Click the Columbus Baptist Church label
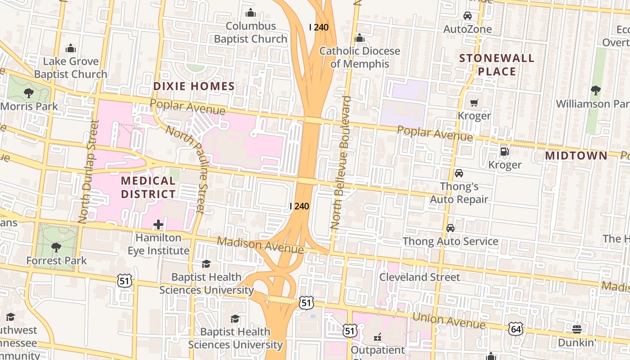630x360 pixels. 250,32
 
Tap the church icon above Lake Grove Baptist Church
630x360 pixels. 71,48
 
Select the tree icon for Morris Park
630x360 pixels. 29,93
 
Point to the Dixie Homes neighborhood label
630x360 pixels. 194,86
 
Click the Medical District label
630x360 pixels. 148,187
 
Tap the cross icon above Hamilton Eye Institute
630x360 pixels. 158,224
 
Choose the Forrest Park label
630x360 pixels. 56,261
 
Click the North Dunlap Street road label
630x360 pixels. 88,171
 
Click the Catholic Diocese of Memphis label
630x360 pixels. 359,57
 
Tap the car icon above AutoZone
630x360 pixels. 468,16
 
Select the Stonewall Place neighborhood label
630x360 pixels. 496,64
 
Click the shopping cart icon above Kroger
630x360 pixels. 474,103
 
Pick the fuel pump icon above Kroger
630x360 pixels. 504,152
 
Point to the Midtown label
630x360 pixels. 576,156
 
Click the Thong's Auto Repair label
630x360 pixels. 459,193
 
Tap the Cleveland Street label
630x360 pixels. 419,277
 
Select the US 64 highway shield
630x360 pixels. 516,328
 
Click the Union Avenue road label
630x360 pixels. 449,320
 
